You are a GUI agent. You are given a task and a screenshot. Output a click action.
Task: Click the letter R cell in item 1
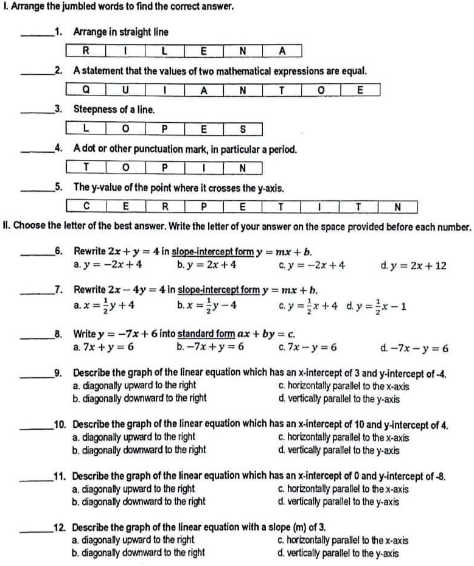[x=85, y=51]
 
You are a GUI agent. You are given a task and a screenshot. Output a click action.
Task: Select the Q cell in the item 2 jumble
[x=86, y=90]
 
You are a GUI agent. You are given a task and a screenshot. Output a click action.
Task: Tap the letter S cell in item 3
[x=242, y=129]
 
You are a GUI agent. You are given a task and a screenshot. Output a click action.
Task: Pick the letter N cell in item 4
[x=242, y=168]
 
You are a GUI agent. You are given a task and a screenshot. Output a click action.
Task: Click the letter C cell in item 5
[x=86, y=208]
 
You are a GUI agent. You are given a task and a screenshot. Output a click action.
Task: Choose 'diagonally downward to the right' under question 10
[x=139, y=450]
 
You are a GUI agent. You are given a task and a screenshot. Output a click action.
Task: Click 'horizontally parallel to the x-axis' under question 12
[x=343, y=540]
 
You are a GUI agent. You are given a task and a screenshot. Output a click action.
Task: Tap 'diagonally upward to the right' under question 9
[x=134, y=386]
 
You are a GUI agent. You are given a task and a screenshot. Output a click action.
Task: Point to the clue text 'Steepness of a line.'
[x=114, y=110]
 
